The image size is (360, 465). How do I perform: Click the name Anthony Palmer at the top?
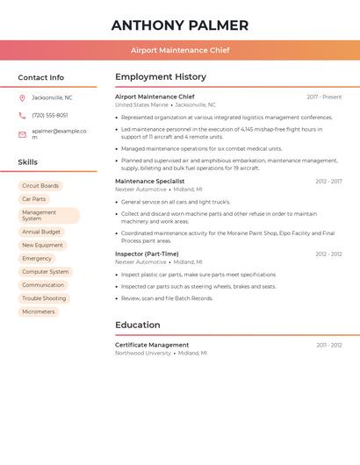(x=180, y=25)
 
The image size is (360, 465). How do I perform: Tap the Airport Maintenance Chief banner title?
(x=180, y=50)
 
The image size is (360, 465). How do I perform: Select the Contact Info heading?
(x=41, y=77)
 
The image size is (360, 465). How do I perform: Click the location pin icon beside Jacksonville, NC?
(x=22, y=97)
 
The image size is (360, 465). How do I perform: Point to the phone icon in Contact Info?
(x=22, y=116)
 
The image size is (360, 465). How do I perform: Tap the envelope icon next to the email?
(x=22, y=134)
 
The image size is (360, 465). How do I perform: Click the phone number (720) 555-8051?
(x=50, y=116)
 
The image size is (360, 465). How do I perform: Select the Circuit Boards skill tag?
(x=40, y=186)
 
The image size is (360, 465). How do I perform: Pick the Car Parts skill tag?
(x=33, y=199)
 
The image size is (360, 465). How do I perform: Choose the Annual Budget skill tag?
(x=41, y=232)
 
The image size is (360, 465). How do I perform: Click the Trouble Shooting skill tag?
(x=44, y=298)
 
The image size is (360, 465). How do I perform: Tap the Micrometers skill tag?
(x=39, y=311)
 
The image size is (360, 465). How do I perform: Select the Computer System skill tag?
(x=46, y=272)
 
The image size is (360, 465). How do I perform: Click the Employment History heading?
(x=161, y=77)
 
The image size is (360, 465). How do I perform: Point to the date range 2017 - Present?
(x=324, y=97)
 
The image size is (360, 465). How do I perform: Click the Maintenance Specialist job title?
(x=150, y=182)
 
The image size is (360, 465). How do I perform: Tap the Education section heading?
(x=138, y=325)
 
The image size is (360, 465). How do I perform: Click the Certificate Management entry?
(x=152, y=345)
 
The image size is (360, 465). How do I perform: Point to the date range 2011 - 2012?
(x=329, y=345)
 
